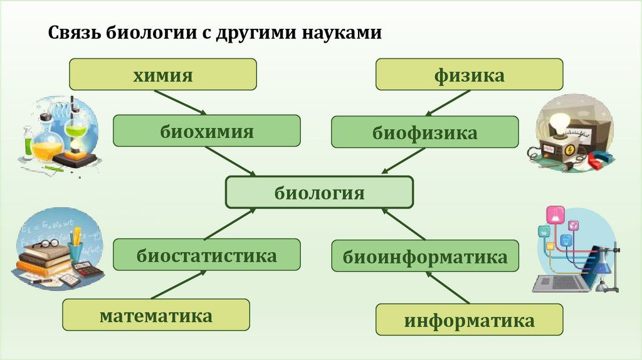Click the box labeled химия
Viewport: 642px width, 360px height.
162,75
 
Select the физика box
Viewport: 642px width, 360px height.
469,75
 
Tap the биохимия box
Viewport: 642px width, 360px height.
206,131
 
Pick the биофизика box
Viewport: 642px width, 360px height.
424,132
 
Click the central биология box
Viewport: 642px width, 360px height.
319,192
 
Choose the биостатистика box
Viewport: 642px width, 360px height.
206,255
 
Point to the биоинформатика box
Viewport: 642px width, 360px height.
424,256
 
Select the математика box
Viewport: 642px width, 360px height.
155,315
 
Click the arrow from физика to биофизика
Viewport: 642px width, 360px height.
448,103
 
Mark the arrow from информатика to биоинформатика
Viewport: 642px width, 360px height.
448,288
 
